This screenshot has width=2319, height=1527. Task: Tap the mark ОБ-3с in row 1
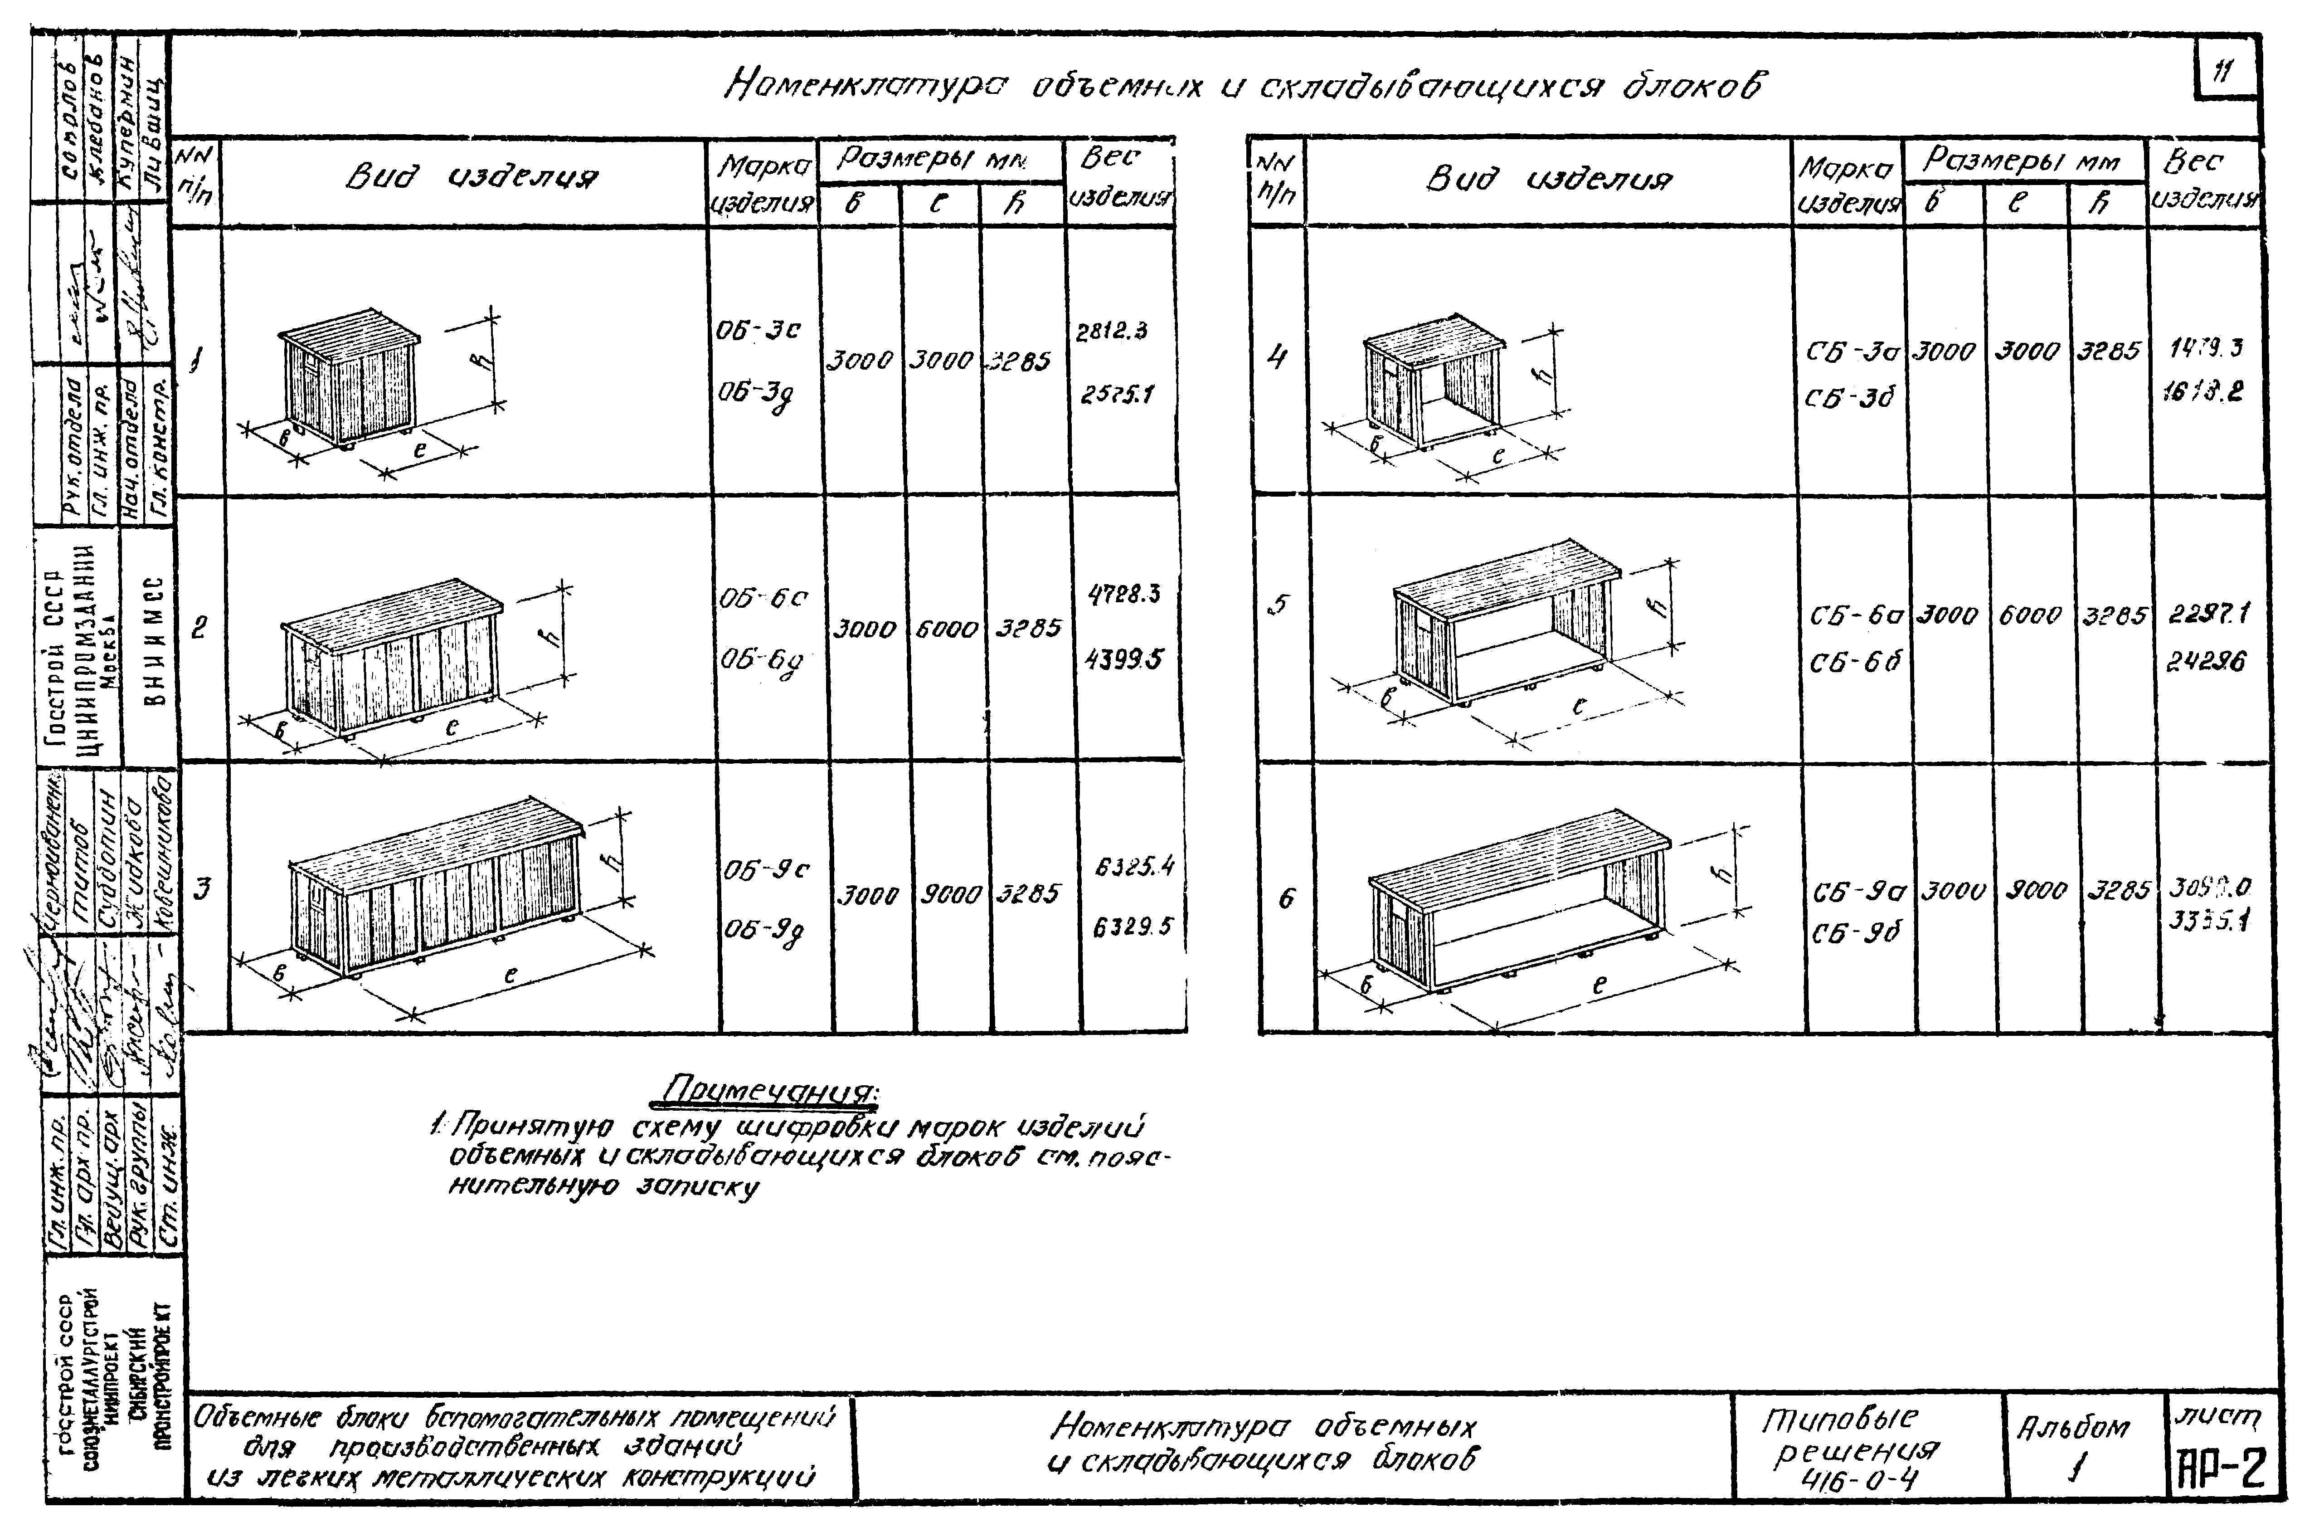759,330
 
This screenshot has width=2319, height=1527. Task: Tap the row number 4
1276,358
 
